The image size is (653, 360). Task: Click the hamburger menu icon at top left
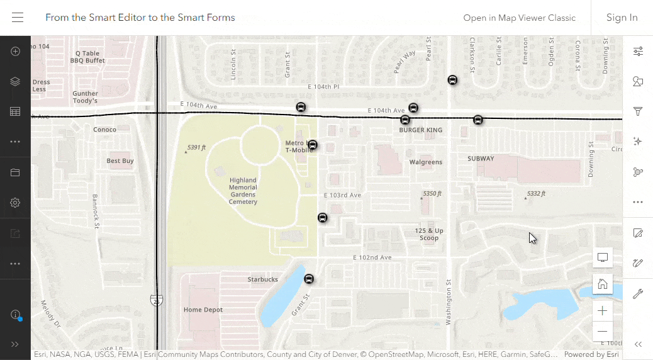[x=18, y=18]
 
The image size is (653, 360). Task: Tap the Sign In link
[x=622, y=18]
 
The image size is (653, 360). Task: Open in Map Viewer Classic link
[x=519, y=18]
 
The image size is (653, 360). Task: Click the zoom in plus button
[x=603, y=311]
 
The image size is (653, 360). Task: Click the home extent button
[x=603, y=284]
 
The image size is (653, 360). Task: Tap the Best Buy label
[x=120, y=161]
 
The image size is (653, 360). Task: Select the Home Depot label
[x=203, y=310]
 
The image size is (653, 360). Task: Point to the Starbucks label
[x=262, y=279]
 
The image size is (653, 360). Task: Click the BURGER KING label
[x=421, y=130]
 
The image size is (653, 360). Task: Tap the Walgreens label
[x=426, y=162]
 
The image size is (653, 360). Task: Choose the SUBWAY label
[x=481, y=159]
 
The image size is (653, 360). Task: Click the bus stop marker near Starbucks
[x=309, y=279]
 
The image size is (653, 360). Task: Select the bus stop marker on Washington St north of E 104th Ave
[x=452, y=80]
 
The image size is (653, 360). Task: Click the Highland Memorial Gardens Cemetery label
[x=243, y=191]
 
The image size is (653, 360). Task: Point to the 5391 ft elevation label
[x=196, y=148]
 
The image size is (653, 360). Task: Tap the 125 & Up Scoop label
[x=429, y=234]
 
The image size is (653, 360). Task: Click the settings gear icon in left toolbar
[x=15, y=203]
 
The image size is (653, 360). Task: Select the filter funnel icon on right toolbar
[x=638, y=111]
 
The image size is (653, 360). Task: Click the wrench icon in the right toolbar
[x=638, y=294]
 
